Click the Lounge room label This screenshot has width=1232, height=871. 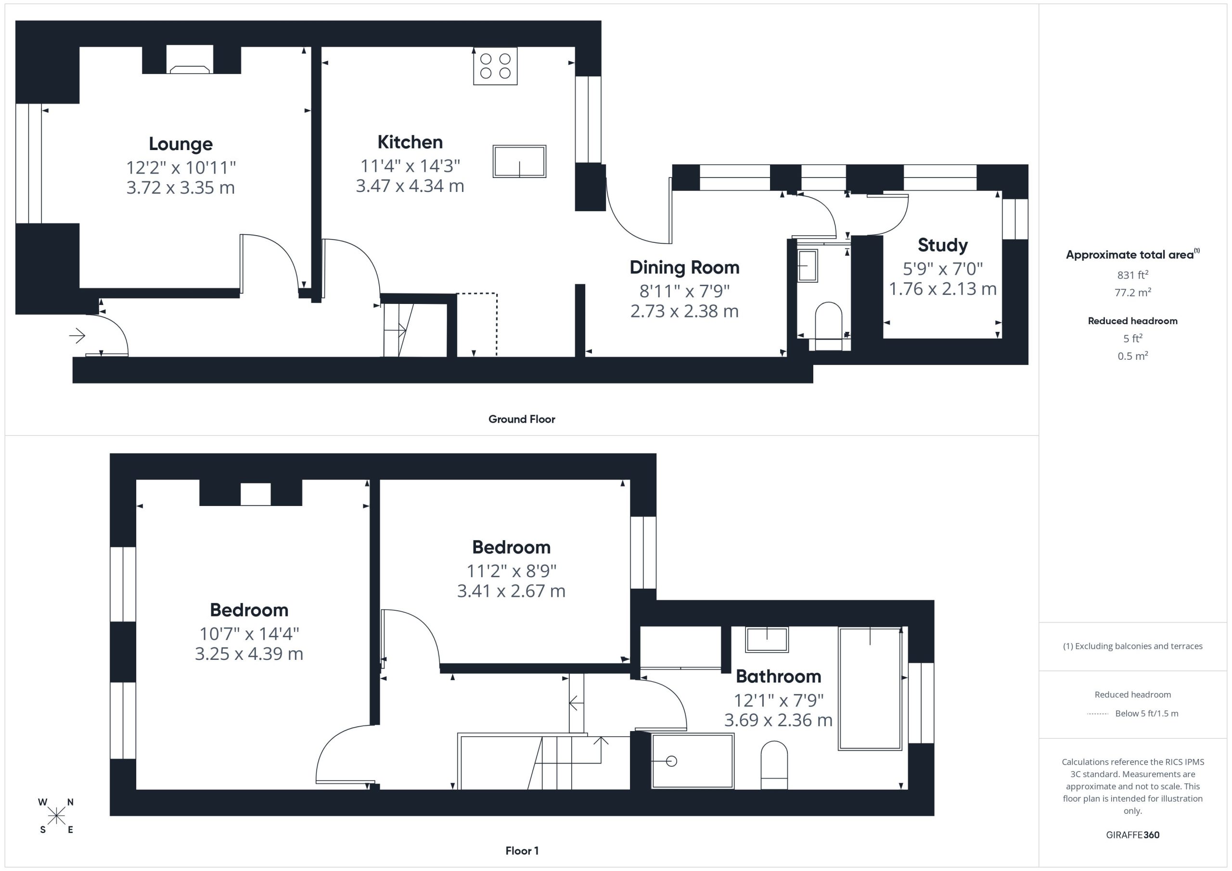click(x=181, y=144)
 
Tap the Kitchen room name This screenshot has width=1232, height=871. click(x=410, y=142)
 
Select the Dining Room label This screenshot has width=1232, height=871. click(x=684, y=267)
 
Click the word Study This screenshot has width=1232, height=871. click(x=943, y=245)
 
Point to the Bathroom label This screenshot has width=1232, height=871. click(x=778, y=676)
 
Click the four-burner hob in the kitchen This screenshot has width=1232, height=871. click(x=495, y=66)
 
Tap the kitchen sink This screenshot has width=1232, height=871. click(x=519, y=161)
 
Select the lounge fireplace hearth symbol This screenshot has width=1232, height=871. click(x=190, y=69)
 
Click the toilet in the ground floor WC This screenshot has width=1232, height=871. click(x=829, y=326)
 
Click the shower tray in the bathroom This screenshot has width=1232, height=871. click(x=693, y=761)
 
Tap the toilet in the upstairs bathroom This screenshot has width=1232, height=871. click(x=774, y=765)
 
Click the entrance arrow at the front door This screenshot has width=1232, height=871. click(x=77, y=336)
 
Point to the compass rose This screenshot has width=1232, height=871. click(x=56, y=816)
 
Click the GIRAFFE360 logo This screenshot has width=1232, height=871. click(x=1133, y=835)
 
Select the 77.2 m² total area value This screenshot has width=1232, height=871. click(x=1133, y=292)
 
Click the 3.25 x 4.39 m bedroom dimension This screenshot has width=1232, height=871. click(x=249, y=654)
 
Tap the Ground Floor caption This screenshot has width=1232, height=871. click(x=522, y=419)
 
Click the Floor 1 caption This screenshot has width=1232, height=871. click(x=522, y=851)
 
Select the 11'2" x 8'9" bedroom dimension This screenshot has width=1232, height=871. click(x=512, y=571)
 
